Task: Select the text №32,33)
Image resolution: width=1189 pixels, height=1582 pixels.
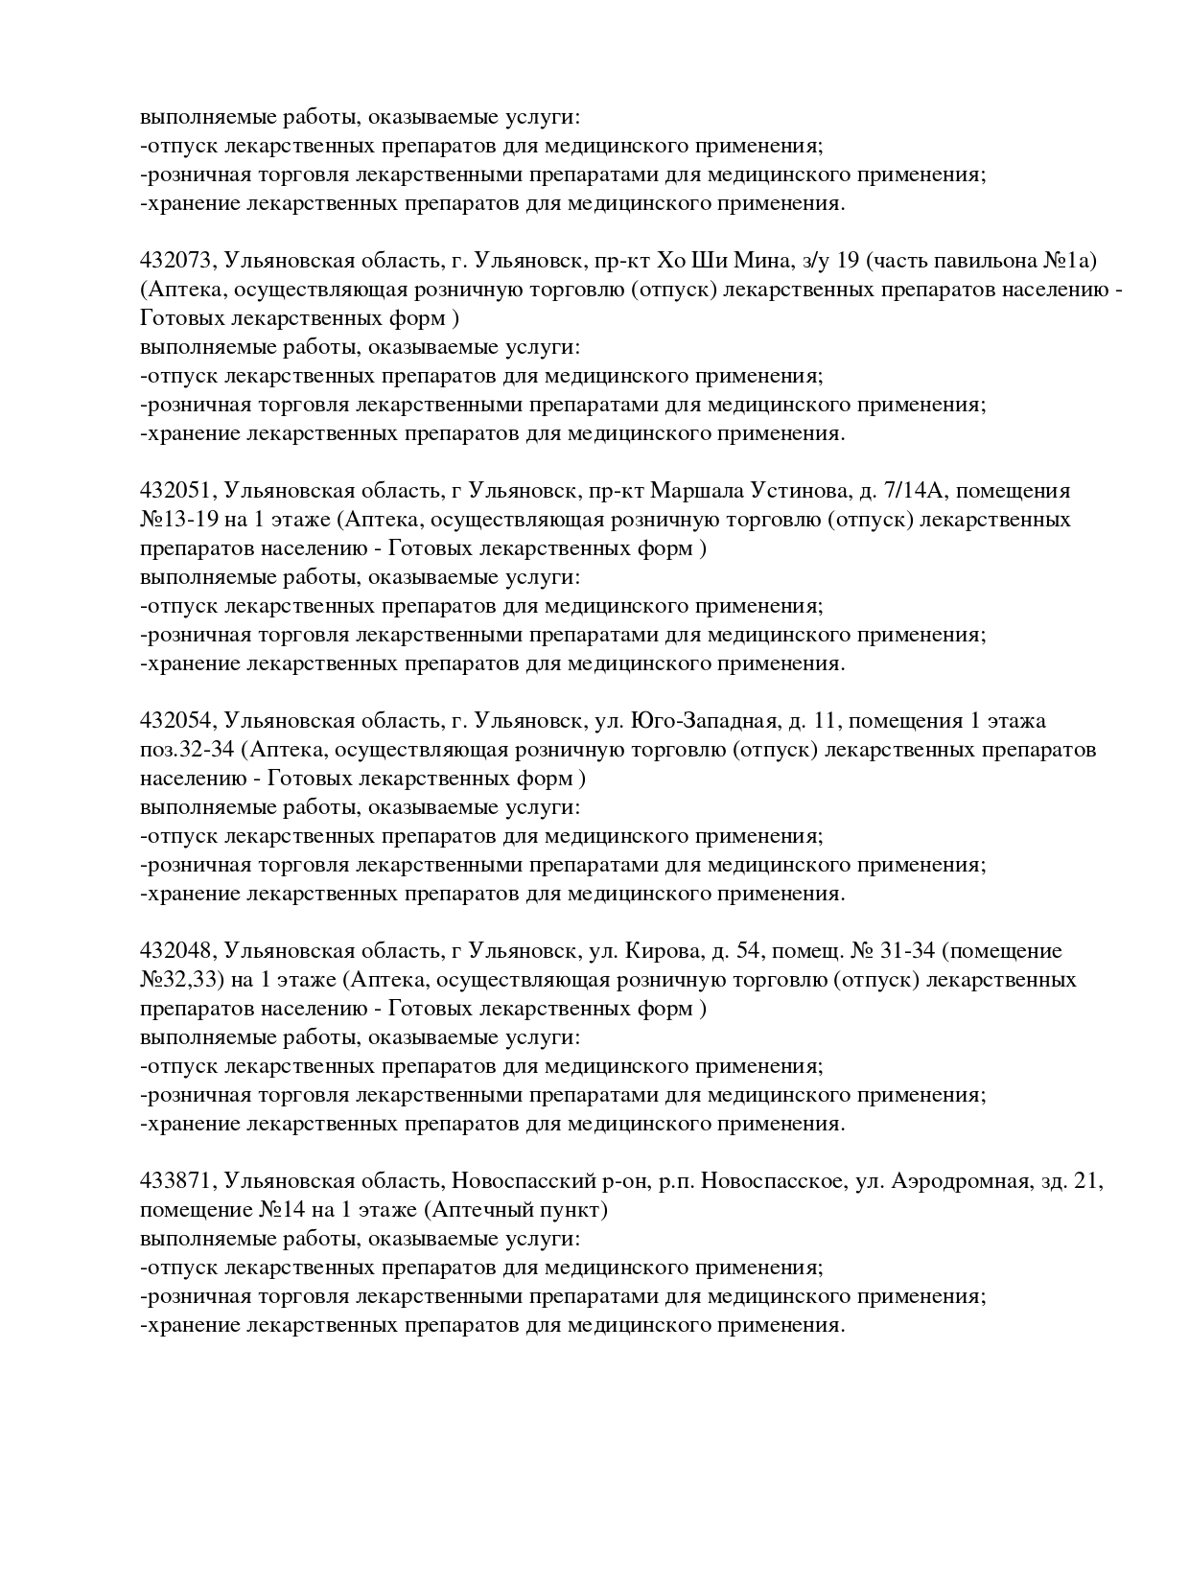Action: pos(181,980)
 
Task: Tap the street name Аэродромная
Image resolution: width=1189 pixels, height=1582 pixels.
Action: pos(960,1181)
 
